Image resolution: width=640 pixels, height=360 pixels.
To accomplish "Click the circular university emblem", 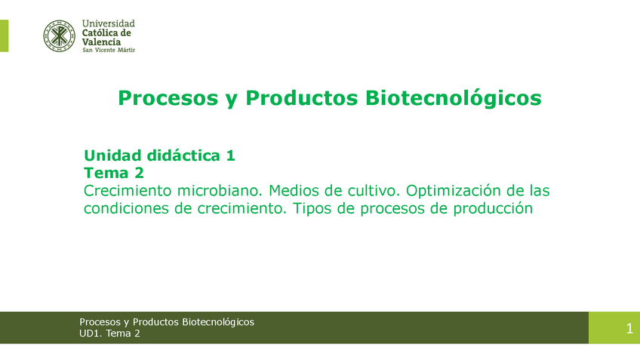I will pyautogui.click(x=59, y=35).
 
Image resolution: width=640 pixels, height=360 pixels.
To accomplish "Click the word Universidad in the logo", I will pyautogui.click(x=108, y=24).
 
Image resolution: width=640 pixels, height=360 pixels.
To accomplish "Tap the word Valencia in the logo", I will pyautogui.click(x=101, y=42).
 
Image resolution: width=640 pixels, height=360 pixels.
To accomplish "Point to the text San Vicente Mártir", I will pyautogui.click(x=108, y=51).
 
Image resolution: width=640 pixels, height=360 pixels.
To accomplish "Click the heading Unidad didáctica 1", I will pyautogui.click(x=159, y=155).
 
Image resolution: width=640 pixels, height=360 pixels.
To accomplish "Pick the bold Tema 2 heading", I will pyautogui.click(x=113, y=173).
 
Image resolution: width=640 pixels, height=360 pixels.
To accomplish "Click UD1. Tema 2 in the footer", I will pyautogui.click(x=109, y=334).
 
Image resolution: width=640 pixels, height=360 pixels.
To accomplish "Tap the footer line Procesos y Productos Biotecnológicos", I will pyautogui.click(x=167, y=322).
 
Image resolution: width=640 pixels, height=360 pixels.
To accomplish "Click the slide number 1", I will pyautogui.click(x=629, y=328).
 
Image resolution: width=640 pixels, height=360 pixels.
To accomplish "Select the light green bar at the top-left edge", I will pyautogui.click(x=4, y=35).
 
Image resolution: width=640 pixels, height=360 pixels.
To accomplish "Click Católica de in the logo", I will pyautogui.click(x=106, y=33).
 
